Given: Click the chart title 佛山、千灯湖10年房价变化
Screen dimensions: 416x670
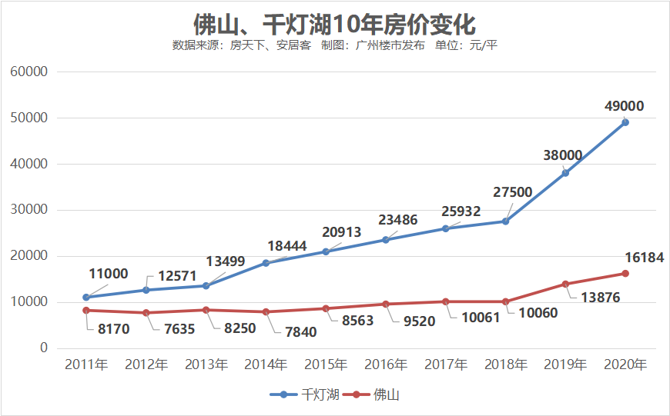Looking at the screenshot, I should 334,23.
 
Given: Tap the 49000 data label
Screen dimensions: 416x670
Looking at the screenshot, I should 624,106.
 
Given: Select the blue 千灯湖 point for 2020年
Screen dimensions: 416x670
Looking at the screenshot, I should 625,122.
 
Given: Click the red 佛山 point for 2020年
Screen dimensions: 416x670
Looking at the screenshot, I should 625,274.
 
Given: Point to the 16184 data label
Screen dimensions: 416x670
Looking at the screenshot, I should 643,258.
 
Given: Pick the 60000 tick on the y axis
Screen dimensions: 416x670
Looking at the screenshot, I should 30,72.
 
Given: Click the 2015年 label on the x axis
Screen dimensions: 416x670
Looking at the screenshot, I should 326,364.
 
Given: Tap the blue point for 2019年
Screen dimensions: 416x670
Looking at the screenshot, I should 565,173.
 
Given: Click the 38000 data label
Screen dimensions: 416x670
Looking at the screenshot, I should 563,155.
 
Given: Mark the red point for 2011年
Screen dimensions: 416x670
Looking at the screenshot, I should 86,311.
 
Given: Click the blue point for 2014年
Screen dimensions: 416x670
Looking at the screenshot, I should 266,263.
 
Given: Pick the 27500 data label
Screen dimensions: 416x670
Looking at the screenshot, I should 512,191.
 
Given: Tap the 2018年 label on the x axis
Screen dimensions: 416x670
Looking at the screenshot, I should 505,364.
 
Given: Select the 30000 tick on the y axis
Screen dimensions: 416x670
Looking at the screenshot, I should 30,210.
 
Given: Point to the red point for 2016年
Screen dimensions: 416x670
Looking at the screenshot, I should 386,305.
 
